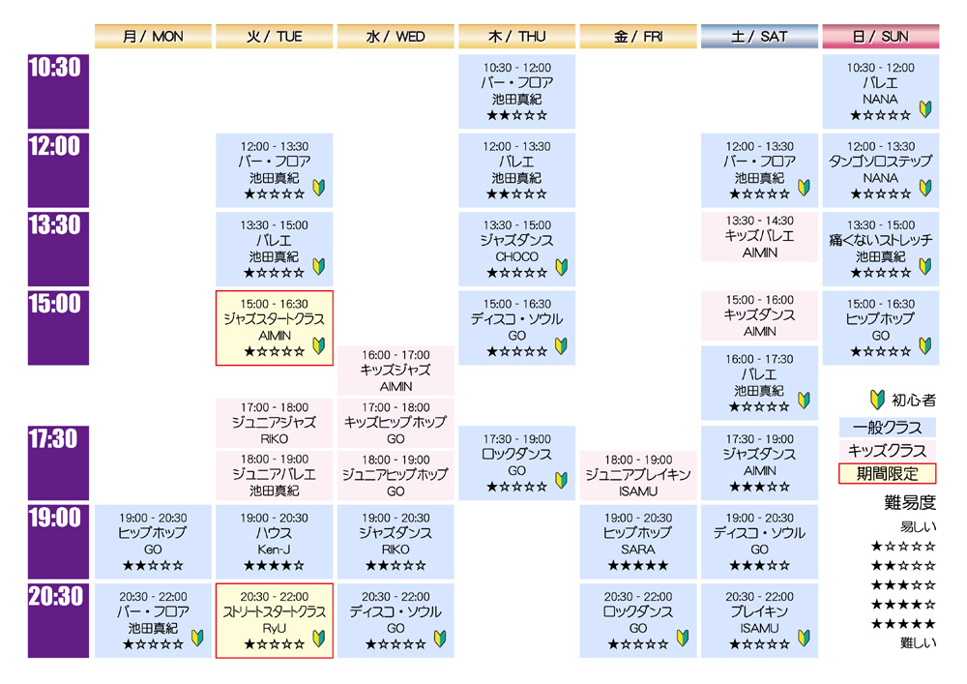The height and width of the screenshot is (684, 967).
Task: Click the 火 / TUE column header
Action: click(275, 37)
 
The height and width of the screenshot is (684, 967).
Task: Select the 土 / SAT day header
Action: click(759, 37)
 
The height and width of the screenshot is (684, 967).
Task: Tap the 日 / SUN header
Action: click(881, 37)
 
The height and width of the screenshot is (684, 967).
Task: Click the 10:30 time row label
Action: click(58, 91)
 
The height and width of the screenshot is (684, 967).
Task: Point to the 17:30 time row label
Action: click(58, 462)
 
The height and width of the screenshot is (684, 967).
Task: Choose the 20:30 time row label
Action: click(58, 620)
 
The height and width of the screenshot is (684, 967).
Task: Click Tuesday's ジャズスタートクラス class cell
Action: click(275, 328)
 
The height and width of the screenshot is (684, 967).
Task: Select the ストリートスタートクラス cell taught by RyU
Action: click(275, 620)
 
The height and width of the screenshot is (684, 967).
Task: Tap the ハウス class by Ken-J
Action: click(275, 542)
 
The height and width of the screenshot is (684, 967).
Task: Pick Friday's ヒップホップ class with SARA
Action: click(637, 542)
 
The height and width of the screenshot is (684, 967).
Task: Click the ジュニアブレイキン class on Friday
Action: click(637, 475)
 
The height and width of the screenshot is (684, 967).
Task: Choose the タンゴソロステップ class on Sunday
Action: click(881, 170)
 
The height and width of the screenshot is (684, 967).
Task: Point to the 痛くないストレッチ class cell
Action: click(881, 250)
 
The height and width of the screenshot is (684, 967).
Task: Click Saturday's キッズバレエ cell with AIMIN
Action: click(759, 236)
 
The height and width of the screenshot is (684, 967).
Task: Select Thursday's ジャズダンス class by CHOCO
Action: click(516, 250)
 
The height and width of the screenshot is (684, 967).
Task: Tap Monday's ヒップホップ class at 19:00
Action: click(153, 542)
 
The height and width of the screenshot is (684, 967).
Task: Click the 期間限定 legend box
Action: click(888, 474)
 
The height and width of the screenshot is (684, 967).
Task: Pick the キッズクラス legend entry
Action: click(888, 450)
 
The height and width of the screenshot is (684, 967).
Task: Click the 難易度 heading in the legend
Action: click(910, 503)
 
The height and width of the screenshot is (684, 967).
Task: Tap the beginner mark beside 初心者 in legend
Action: click(877, 400)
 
